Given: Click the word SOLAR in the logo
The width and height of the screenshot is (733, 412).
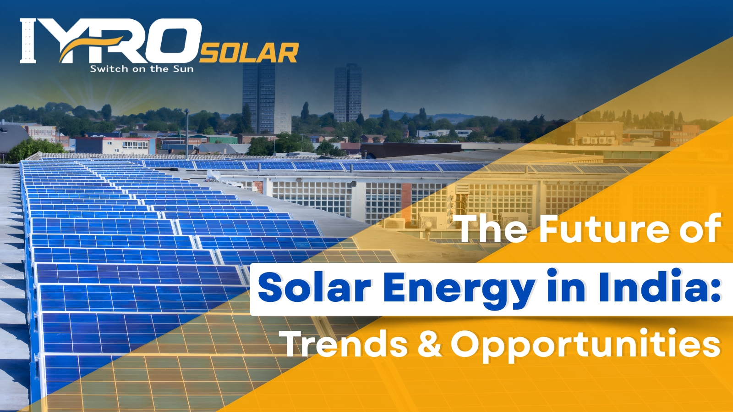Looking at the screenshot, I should click(x=249, y=53).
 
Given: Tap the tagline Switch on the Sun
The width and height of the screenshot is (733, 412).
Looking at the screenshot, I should click(x=142, y=69).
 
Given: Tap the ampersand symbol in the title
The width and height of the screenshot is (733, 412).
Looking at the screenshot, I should click(x=429, y=344).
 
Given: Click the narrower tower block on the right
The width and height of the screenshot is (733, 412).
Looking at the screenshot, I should click(x=347, y=94).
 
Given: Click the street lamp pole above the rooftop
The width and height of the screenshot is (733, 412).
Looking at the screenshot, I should click(x=186, y=133).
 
